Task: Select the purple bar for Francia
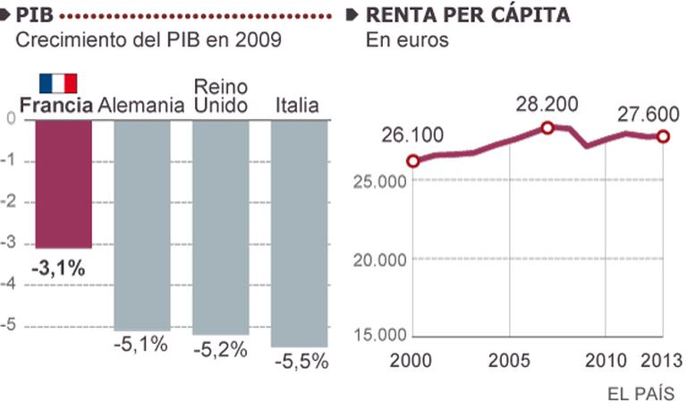point(63,184)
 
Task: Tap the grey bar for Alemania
point(141,224)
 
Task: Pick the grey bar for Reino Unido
point(220,226)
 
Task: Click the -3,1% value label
point(60,267)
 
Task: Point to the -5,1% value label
point(141,346)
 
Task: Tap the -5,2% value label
point(220,350)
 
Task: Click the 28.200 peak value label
point(547,105)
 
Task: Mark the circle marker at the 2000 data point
point(412,161)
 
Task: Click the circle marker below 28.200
point(547,128)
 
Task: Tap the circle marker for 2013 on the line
point(663,136)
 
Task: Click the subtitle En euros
point(407,40)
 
